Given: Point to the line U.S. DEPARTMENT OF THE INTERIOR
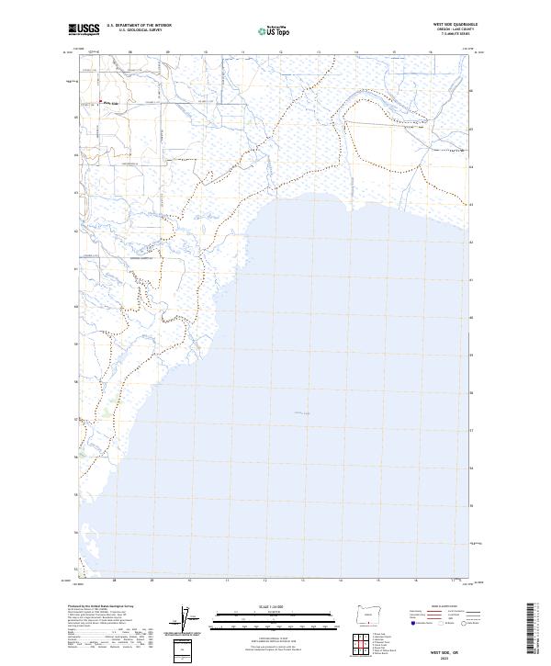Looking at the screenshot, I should [139, 25].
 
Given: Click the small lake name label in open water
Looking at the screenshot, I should [303, 413].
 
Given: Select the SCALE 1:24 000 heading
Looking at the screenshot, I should [266, 605].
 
